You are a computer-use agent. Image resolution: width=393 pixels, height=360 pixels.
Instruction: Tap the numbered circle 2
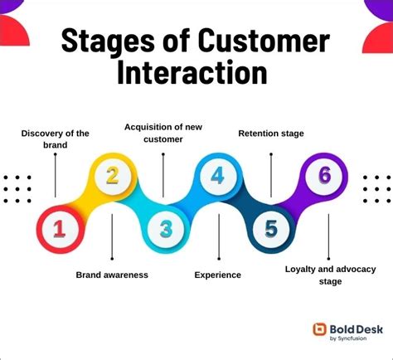pyautogui.click(x=111, y=176)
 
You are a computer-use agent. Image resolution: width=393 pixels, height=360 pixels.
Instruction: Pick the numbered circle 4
pyautogui.click(x=218, y=176)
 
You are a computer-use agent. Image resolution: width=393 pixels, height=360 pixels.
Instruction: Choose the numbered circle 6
pyautogui.click(x=325, y=176)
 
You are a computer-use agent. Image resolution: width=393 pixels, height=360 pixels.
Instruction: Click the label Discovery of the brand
pyautogui.click(x=55, y=139)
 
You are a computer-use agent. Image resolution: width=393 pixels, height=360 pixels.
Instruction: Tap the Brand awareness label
pyautogui.click(x=112, y=275)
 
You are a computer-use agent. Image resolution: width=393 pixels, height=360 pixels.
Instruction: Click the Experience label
pyautogui.click(x=218, y=275)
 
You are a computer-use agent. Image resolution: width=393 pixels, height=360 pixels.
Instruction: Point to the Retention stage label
pyautogui.click(x=271, y=133)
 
